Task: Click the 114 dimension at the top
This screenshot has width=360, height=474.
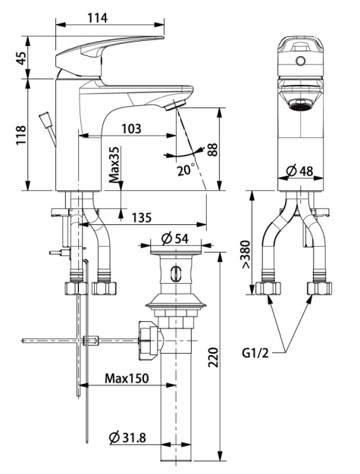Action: (98, 18)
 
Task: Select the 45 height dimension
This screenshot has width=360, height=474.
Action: (21, 58)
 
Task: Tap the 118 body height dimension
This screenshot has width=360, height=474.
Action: (21, 135)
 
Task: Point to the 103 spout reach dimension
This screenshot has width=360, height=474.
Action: (131, 129)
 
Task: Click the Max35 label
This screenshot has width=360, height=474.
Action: (115, 165)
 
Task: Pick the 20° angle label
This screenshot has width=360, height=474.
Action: (186, 170)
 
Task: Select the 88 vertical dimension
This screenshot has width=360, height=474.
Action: (213, 149)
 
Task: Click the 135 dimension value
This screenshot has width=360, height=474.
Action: (141, 217)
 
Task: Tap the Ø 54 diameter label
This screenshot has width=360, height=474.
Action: (175, 239)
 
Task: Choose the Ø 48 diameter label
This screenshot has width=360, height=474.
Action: (299, 171)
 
